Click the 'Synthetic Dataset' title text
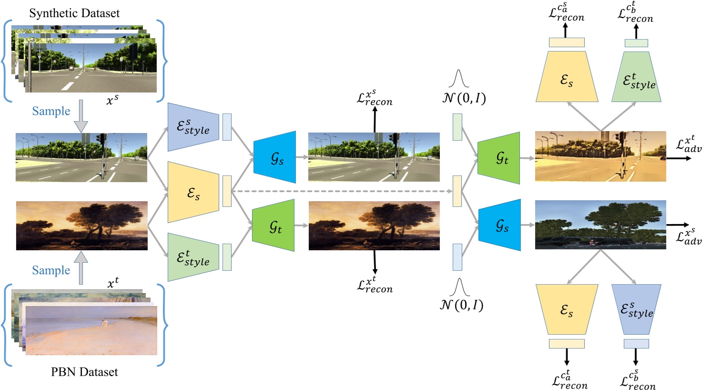74,13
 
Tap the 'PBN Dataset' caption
84,372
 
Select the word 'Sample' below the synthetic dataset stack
51,111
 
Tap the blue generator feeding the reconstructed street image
275,157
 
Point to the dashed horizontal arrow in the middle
341,192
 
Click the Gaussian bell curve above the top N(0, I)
458,79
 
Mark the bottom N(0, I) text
461,305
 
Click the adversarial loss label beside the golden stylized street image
689,145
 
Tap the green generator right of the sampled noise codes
499,158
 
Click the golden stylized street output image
600,156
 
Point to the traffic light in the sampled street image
102,139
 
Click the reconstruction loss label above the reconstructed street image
375,98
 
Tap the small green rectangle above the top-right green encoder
636,43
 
